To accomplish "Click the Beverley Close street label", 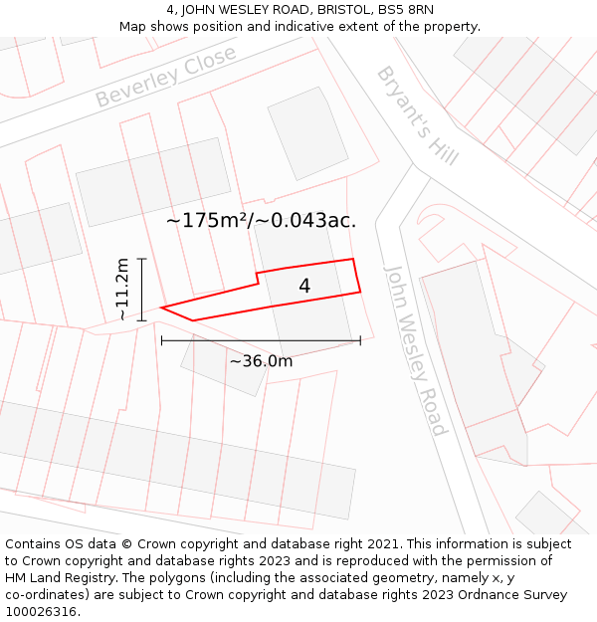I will [166, 77].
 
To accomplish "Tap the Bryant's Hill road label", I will [417, 115].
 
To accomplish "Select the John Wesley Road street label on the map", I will [415, 350].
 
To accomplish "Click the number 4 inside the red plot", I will [304, 287].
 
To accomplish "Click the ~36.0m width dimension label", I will [261, 361].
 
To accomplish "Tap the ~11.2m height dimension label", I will [122, 289].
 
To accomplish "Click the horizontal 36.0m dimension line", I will [261, 340].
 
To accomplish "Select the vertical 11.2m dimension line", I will [142, 289].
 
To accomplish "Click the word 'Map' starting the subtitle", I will [133, 27].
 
